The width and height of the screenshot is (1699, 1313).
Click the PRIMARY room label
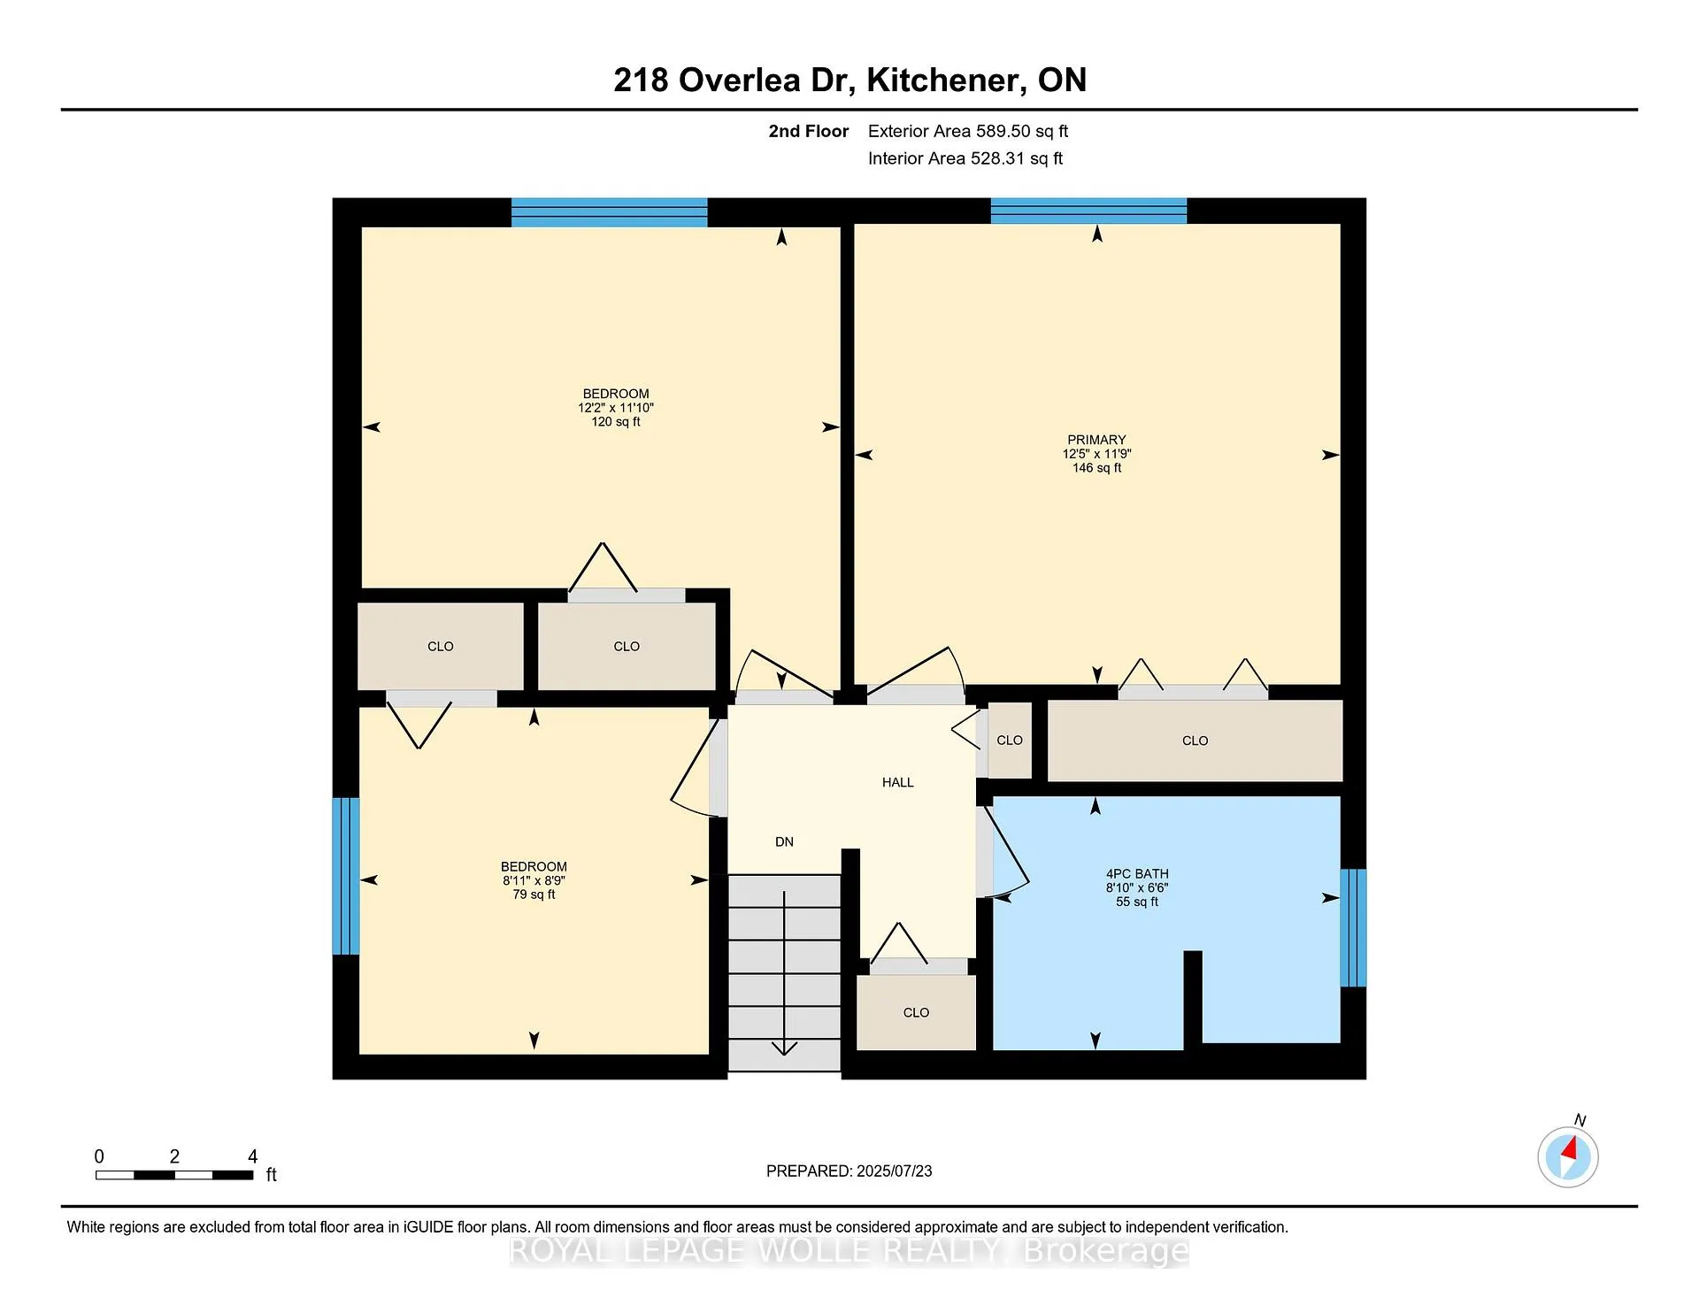point(1096,440)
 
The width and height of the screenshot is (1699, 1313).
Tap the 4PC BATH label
point(1137,874)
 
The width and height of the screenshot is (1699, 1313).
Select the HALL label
point(898,782)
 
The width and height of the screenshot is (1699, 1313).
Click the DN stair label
point(784,841)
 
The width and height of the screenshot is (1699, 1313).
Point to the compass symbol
point(1568,1156)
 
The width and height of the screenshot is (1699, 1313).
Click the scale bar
point(174,1175)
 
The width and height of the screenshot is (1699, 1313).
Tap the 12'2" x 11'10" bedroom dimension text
point(616,408)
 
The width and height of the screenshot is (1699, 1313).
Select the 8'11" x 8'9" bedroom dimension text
point(534,880)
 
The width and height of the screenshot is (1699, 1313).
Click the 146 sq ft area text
point(1096,468)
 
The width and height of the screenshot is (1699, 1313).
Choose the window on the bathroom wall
point(1353,927)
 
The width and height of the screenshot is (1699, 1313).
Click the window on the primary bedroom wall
point(1088,211)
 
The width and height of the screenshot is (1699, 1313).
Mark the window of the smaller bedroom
point(346,876)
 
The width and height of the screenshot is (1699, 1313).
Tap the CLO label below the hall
point(916,1013)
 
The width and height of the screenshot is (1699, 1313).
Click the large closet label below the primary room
point(1195,741)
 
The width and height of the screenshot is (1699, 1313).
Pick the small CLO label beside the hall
point(1010,741)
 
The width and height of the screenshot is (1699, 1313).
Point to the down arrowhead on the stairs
point(784,1048)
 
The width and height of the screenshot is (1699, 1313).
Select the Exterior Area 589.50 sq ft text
point(968,131)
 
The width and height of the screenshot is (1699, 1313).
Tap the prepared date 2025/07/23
point(894,1171)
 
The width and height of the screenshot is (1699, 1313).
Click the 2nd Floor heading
point(808,131)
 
